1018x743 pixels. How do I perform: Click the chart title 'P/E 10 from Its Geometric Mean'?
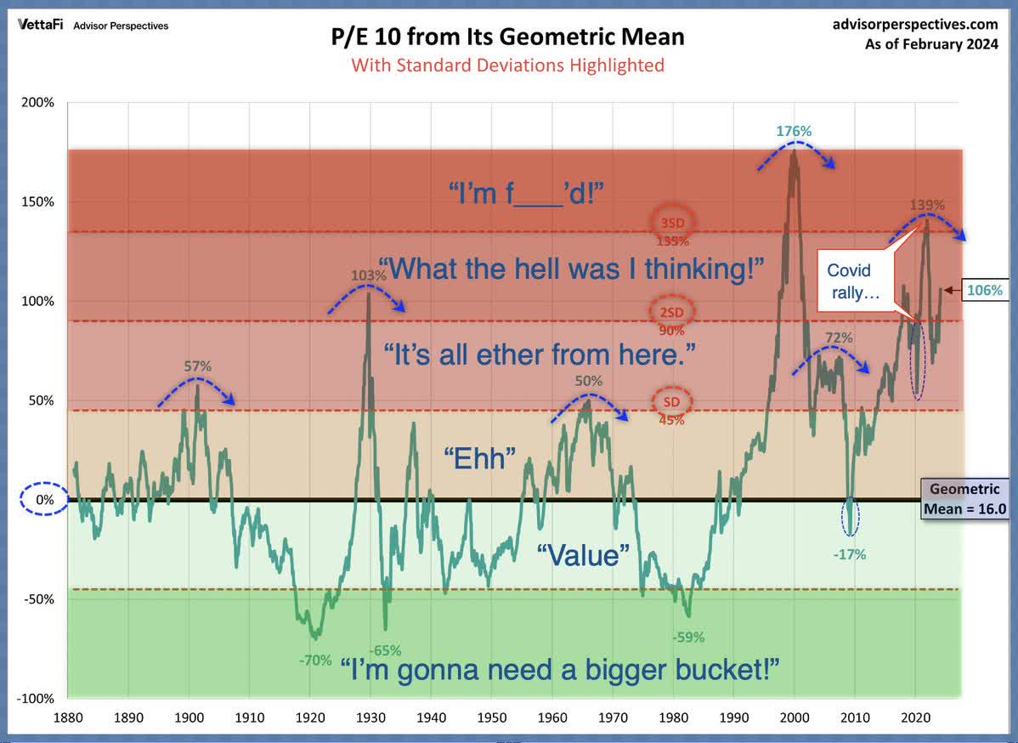[507, 37]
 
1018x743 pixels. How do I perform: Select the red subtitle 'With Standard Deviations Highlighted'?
[507, 65]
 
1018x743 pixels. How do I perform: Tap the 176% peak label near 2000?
[794, 132]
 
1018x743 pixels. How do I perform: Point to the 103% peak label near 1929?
[369, 275]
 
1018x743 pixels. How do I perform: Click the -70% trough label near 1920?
[314, 659]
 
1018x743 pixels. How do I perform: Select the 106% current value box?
[983, 290]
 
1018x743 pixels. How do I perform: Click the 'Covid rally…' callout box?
[850, 281]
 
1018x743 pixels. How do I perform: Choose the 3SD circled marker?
[672, 222]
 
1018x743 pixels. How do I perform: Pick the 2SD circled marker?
[672, 312]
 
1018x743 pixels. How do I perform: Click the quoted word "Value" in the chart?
[583, 555]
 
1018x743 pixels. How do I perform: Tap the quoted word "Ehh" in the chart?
[481, 458]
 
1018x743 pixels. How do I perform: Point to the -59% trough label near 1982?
[688, 637]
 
